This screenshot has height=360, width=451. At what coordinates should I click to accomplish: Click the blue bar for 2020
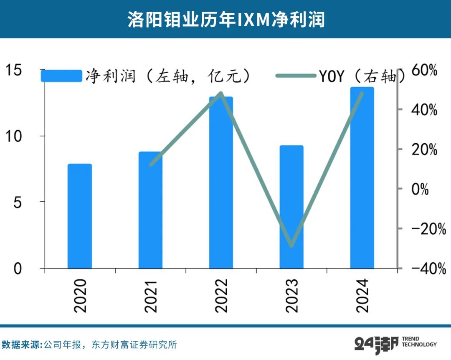pos(79,216)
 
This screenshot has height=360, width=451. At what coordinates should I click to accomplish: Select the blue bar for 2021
pos(150,210)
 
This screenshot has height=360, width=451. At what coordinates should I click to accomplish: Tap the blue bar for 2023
pos(291,207)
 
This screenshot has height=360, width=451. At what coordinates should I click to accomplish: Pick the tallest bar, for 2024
pos(362,177)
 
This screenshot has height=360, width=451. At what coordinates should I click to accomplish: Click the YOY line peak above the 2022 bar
pos(221,93)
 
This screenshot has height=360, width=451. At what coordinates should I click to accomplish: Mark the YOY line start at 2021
pos(151,164)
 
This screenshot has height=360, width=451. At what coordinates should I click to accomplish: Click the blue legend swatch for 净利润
pos(61,76)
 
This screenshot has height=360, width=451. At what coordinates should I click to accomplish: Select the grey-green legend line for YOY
pos(295,76)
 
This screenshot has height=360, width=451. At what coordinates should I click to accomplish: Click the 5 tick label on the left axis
pos(17,202)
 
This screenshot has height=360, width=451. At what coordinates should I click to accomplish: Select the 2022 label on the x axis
pos(221,295)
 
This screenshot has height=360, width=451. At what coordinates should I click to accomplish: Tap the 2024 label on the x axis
pos(362,295)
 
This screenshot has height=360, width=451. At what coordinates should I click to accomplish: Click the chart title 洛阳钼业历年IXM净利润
pos(225,20)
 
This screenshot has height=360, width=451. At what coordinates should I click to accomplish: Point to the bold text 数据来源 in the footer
pos(21,345)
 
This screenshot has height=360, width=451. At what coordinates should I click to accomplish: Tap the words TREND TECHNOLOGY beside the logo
pos(419,342)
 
